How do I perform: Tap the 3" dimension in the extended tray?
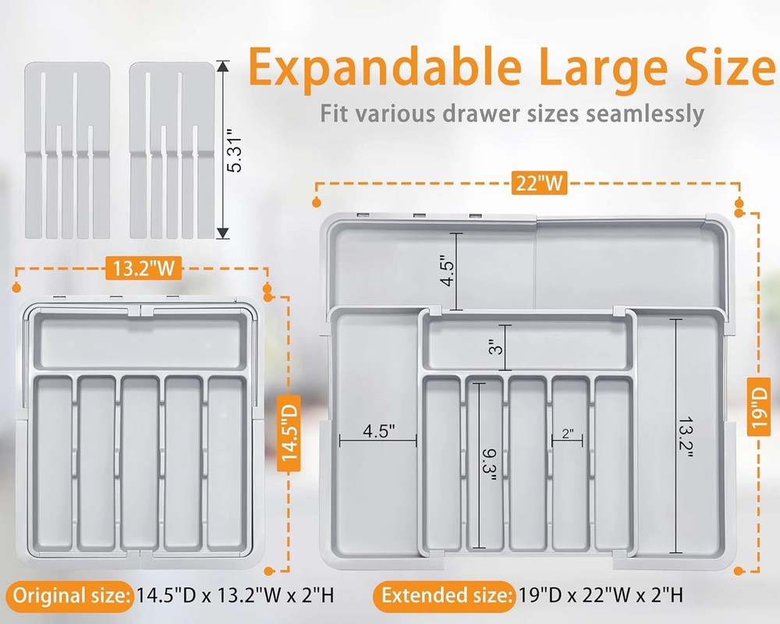tap(493, 348)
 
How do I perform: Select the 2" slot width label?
tap(567, 433)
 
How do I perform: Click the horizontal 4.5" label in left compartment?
tap(378, 430)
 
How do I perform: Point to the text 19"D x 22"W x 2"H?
tap(601, 596)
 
